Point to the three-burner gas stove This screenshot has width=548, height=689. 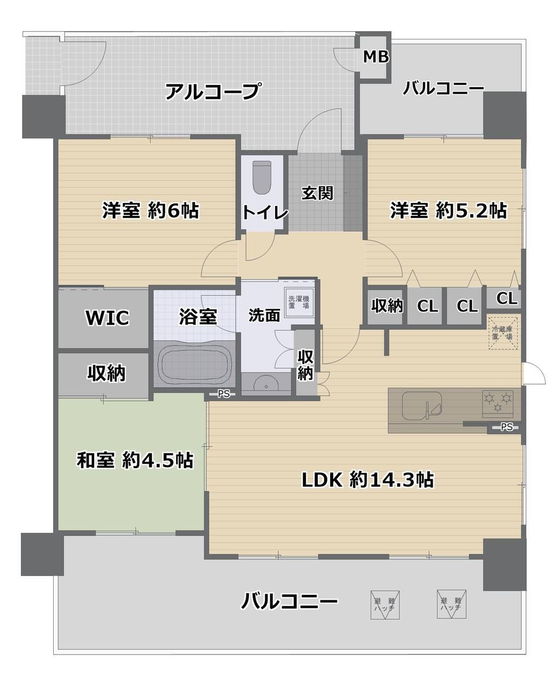pyautogui.click(x=498, y=402)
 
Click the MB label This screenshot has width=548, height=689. pyautogui.click(x=376, y=56)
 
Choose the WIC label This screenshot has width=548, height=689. pyautogui.click(x=107, y=317)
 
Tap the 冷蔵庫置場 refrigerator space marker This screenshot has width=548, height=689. pyautogui.click(x=502, y=333)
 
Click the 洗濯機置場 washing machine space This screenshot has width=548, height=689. pyautogui.click(x=299, y=302)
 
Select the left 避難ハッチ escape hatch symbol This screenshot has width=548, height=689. pyautogui.click(x=384, y=605)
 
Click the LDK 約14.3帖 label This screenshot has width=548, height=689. pyautogui.click(x=368, y=480)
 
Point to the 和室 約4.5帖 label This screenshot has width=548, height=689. pyautogui.click(x=134, y=460)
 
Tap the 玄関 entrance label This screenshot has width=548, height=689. pyautogui.click(x=317, y=193)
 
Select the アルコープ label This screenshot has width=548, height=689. pyautogui.click(x=212, y=91)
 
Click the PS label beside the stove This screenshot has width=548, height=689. pyautogui.click(x=506, y=428)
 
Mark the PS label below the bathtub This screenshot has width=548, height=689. pyautogui.click(x=224, y=393)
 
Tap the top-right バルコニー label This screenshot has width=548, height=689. pyautogui.click(x=443, y=88)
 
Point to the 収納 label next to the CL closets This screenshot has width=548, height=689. pyautogui.click(x=387, y=305)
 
